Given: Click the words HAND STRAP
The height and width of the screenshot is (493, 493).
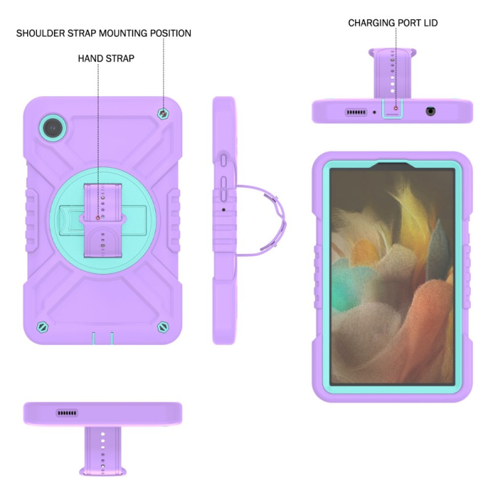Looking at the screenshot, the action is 106,59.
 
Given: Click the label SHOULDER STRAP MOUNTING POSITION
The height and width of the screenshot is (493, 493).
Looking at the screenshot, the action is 104,33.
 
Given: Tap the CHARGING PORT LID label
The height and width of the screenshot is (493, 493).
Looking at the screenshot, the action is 393,23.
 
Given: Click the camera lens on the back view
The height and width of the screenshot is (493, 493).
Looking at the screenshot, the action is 53,128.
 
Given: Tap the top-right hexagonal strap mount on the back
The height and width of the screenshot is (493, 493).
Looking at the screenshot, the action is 163,113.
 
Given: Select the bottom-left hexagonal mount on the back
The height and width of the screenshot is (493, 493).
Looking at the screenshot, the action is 42,327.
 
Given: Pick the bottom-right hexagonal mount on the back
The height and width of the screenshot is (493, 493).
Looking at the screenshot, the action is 163,327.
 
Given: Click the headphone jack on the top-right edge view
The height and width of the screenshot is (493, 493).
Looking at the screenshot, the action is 430,112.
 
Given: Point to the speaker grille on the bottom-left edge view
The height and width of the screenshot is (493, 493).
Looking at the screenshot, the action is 67,413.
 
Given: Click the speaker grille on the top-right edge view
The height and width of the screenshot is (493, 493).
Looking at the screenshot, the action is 356,112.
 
